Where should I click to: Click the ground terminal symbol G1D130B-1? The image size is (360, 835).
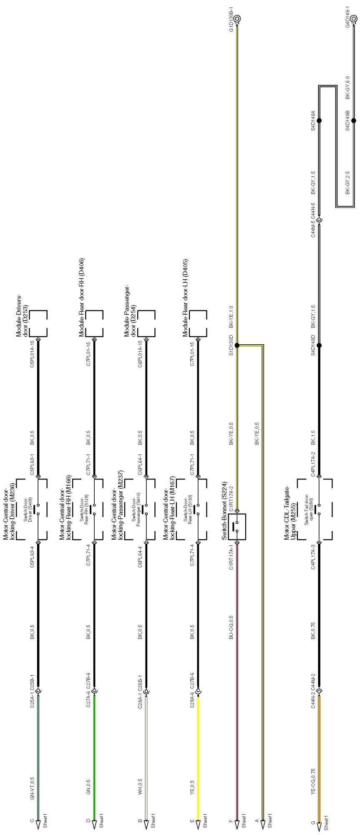(x=237, y=19)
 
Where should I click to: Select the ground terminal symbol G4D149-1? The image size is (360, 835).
(x=354, y=19)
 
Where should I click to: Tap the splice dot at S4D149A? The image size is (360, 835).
(x=319, y=121)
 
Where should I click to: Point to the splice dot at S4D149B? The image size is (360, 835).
(x=354, y=121)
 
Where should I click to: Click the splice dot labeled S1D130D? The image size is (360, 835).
(x=237, y=346)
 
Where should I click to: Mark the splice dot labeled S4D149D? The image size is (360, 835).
(x=319, y=346)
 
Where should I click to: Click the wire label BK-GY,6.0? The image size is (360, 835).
(x=347, y=88)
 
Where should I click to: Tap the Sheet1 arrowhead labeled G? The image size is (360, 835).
(x=319, y=824)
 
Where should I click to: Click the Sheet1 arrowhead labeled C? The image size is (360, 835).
(x=38, y=824)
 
